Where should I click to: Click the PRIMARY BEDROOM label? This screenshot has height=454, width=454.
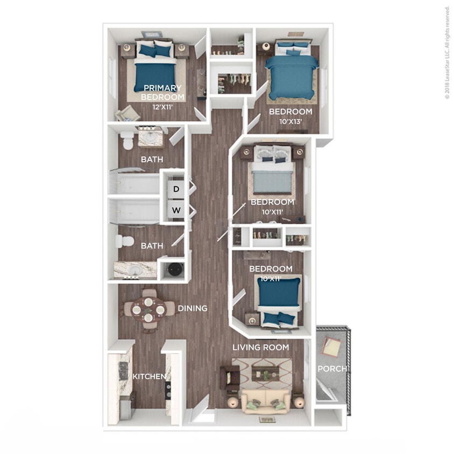[x=162, y=92]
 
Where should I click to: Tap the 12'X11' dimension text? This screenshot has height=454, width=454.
[x=162, y=107]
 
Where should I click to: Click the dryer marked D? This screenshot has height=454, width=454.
[x=176, y=189]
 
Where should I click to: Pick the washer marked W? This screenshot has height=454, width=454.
[x=176, y=210]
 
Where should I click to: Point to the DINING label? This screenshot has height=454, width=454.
[x=192, y=308]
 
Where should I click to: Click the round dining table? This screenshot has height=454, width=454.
[x=148, y=309]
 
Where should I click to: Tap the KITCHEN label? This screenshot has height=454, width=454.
[x=149, y=376]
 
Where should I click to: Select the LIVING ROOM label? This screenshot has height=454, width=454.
[x=260, y=347]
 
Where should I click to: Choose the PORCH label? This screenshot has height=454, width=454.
[x=332, y=368]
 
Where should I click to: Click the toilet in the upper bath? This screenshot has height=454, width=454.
[x=127, y=141]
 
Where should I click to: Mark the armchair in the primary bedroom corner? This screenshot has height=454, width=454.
[x=128, y=113]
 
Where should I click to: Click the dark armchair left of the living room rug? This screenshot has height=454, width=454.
[x=230, y=377]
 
